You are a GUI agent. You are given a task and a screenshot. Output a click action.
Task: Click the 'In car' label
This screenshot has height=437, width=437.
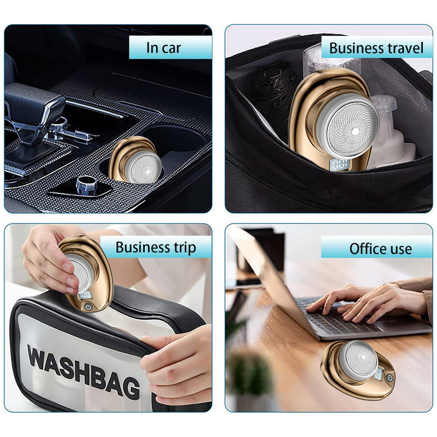163,48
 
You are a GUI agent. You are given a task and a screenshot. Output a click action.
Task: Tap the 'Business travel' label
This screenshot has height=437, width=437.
376,48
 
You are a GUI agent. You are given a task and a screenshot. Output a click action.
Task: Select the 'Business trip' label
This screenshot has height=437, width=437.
156,247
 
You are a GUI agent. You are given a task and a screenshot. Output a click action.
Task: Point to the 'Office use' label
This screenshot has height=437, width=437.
380,249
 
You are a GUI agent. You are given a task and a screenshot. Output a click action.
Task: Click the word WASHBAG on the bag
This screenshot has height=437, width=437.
84,368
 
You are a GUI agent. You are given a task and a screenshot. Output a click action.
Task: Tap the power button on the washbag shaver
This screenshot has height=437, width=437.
88,307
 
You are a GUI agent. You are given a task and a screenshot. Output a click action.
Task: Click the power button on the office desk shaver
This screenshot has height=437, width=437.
389,378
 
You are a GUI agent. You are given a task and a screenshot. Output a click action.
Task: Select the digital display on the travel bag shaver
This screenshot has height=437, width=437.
336,165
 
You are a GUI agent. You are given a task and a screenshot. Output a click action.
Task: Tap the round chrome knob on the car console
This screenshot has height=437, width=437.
86,185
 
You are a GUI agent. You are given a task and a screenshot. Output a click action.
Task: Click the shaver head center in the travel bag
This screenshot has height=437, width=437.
355,131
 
